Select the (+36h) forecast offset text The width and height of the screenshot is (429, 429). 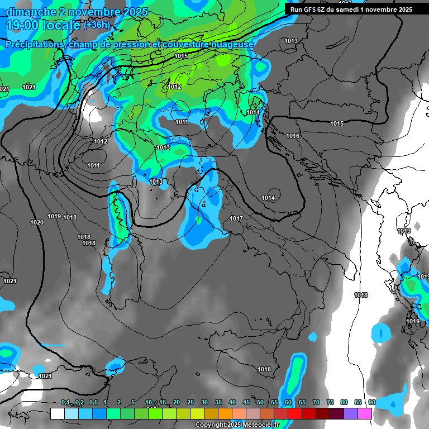point(97,25)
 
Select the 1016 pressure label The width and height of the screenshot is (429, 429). point(293,136)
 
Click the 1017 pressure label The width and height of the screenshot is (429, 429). point(236,218)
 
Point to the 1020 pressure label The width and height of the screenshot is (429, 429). point(37,222)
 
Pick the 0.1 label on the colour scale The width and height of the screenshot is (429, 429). point(65,403)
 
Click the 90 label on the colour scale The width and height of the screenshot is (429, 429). point(371,403)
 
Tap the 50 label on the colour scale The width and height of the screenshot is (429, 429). point(260,403)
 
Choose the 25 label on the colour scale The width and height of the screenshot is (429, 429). point(190,403)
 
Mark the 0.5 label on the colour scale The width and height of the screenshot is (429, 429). point(93,403)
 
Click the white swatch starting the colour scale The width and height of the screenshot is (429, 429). point(57,413)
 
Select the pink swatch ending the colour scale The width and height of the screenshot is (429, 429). point(365,413)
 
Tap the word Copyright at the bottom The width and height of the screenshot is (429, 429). point(212,425)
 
